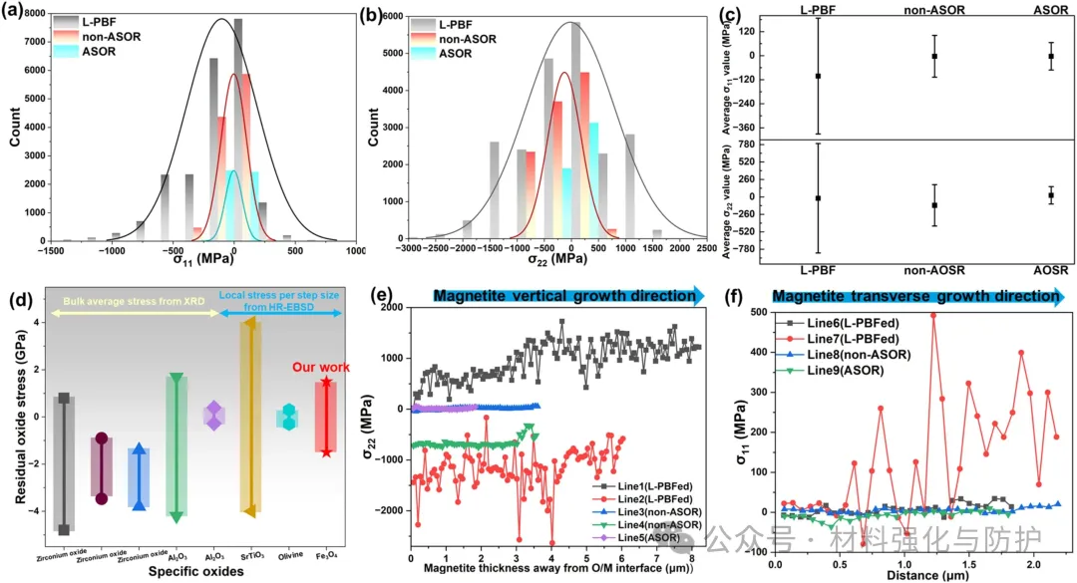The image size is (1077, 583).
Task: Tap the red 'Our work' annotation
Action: pos(320,368)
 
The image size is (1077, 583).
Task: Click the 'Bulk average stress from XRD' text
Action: pos(134,313)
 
